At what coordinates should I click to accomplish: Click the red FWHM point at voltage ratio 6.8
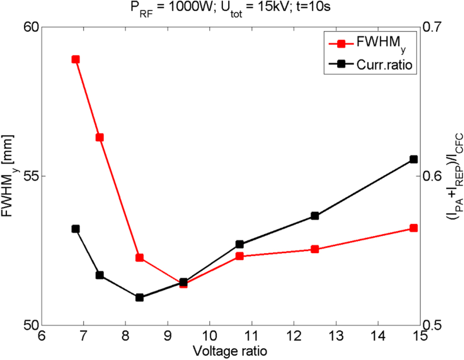click(75, 59)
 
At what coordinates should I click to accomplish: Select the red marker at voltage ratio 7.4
click(100, 138)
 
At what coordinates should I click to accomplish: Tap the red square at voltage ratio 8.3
click(139, 258)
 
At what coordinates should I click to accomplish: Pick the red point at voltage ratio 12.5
click(315, 249)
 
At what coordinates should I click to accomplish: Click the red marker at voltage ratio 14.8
click(414, 228)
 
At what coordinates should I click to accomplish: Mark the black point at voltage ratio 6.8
click(75, 229)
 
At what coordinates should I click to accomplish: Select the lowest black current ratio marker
click(139, 297)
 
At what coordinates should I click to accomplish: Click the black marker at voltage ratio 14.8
click(414, 159)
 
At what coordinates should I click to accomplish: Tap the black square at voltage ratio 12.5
click(315, 216)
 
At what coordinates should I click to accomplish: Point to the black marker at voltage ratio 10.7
click(239, 244)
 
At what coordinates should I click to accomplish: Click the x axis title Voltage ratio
click(230, 351)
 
